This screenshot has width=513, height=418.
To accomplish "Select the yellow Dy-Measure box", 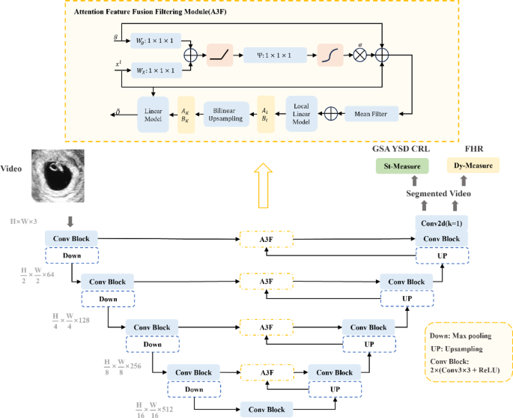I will [x=473, y=165].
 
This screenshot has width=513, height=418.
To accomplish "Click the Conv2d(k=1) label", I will [x=441, y=224].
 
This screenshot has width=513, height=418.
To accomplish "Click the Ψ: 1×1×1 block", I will [x=275, y=55].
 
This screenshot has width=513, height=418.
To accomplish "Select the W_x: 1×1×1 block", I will [x=157, y=70].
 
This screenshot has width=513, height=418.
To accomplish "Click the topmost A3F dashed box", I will [x=266, y=238].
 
